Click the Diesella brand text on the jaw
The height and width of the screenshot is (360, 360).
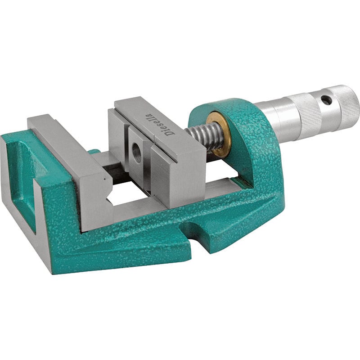click(161, 125)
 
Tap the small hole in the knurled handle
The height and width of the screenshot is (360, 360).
click(326, 100)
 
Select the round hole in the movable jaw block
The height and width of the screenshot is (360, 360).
click(137, 153)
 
